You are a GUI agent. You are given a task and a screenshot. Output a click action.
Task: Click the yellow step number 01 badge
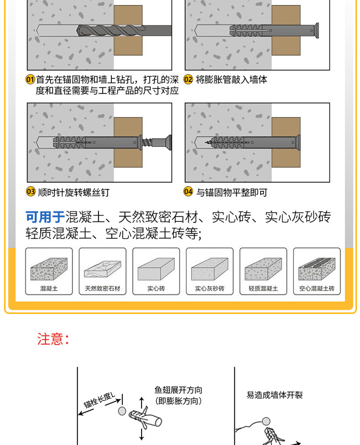pos(30,80)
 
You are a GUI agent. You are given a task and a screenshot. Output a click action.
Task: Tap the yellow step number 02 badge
pos(188,80)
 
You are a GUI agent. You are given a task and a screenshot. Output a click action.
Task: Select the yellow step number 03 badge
pos(31,192)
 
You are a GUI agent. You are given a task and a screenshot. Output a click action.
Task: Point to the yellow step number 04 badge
pos(188,192)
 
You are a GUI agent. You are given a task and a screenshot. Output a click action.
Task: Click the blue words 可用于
pos(45,217)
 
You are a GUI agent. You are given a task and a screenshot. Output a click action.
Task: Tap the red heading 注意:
pos(53,339)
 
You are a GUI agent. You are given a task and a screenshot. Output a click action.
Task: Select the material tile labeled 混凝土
pos(49,271)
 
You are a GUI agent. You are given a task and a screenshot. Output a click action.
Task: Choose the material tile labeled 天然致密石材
pos(102,271)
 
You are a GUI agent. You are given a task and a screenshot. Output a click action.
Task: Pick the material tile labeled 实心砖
pos(156,271)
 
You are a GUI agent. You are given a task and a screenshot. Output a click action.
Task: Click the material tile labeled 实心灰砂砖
pos(210,271)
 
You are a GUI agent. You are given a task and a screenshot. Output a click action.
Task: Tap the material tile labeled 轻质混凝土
pos(263,271)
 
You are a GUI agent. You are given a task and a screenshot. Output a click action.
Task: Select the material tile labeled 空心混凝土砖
pos(317,271)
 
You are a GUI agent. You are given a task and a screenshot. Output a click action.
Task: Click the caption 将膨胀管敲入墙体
pos(231,80)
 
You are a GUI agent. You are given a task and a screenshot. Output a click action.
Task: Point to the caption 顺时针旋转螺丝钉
pos(74,192)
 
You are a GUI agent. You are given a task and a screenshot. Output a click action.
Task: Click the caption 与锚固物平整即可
pos(231,192)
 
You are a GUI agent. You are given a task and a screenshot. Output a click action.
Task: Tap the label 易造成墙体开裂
pos(275,395)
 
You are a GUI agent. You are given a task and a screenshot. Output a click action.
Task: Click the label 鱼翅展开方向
pos(178,390)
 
